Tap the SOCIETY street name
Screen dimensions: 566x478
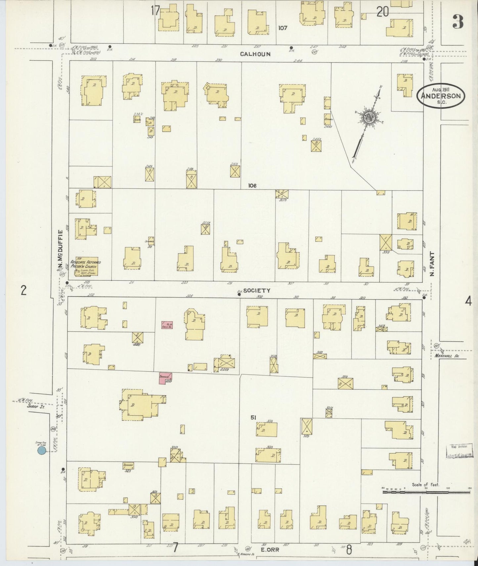(257, 291)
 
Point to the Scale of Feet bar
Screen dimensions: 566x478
(426, 492)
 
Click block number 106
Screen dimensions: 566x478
(252, 186)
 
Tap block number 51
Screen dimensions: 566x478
(253, 418)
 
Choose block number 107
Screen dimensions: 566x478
(282, 28)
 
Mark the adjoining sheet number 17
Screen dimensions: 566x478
(155, 11)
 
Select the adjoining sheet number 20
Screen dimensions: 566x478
(382, 12)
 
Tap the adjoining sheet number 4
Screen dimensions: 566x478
(468, 301)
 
